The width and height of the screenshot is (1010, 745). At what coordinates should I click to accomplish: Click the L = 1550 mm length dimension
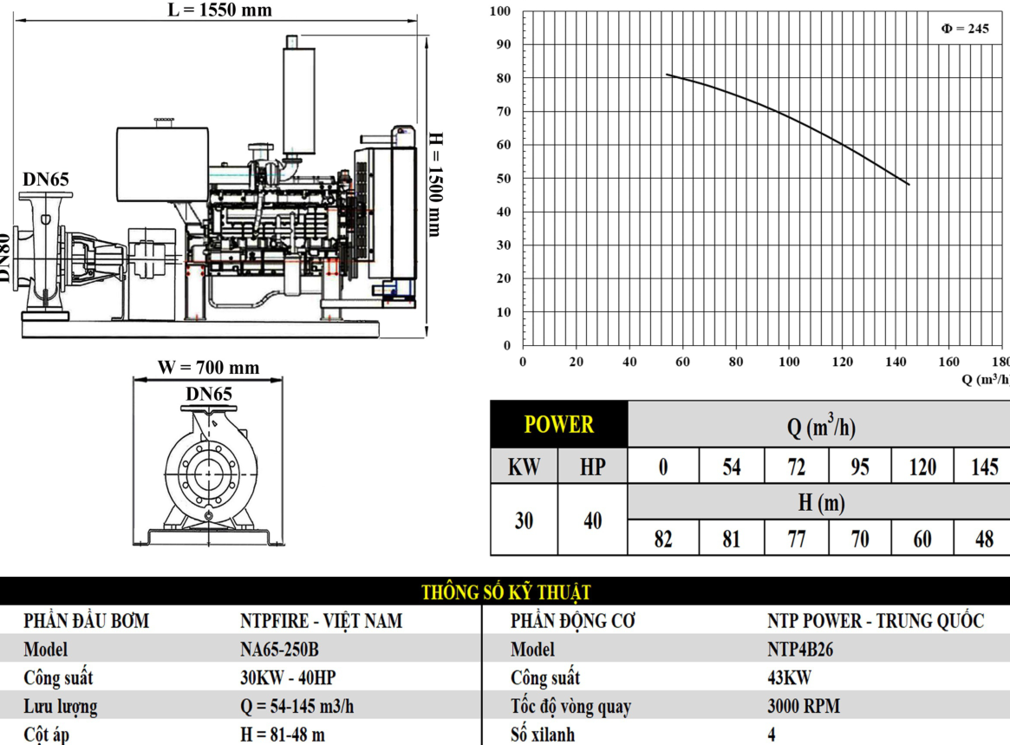point(219,10)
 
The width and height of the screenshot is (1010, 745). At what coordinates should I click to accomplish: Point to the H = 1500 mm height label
point(436,185)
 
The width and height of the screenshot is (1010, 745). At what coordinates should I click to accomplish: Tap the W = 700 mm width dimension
point(209,368)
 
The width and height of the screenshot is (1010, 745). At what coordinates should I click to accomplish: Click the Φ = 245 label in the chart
point(965,29)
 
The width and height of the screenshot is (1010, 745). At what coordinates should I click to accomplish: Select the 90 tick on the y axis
point(504,44)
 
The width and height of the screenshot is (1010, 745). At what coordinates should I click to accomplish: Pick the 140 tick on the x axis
point(896,362)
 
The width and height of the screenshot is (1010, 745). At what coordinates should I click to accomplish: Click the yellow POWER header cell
point(559,424)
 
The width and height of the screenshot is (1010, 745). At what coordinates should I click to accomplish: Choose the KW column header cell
point(525,466)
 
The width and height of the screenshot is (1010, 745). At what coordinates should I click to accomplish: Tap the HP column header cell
point(593,466)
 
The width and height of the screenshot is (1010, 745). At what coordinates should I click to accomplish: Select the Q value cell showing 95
point(860,466)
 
